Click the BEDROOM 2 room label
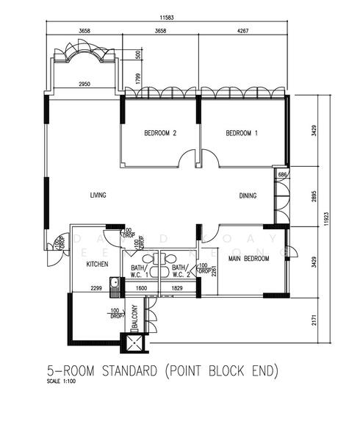click(x=160, y=133)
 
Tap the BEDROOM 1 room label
click(x=242, y=133)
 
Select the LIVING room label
click(x=98, y=196)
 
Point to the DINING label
click(x=248, y=196)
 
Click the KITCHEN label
click(x=98, y=264)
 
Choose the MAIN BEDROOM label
click(x=245, y=259)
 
